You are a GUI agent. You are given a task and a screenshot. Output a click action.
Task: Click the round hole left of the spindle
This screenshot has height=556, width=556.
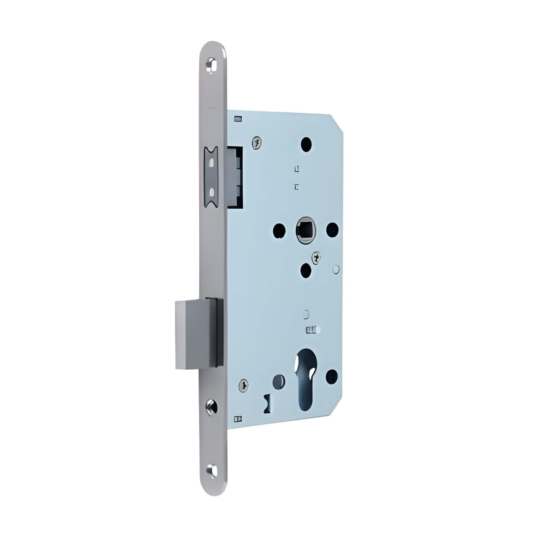pyautogui.click(x=279, y=230)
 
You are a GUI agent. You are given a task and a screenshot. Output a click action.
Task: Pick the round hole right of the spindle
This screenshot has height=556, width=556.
pyautogui.click(x=332, y=230)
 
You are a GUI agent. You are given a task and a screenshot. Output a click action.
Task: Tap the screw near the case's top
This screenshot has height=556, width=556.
pyautogui.click(x=257, y=143)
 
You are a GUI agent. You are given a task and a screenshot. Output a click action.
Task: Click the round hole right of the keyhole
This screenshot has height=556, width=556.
pyautogui.click(x=332, y=376)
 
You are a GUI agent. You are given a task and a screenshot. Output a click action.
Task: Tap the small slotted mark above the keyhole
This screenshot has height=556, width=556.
pyautogui.click(x=313, y=330)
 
